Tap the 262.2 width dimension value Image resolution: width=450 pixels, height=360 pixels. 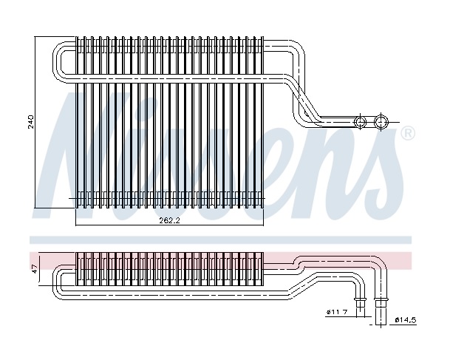(170, 220)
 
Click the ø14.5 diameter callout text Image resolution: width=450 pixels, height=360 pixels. (407, 320)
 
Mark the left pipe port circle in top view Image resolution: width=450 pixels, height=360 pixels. (361, 122)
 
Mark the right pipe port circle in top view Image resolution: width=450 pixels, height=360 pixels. (381, 122)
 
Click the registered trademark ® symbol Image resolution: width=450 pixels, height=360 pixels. (407, 135)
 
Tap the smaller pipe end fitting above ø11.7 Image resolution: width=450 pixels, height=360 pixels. (361, 303)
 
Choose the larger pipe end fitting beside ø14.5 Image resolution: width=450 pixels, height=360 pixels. (382, 303)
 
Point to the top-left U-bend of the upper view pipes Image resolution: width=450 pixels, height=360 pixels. (58, 59)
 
